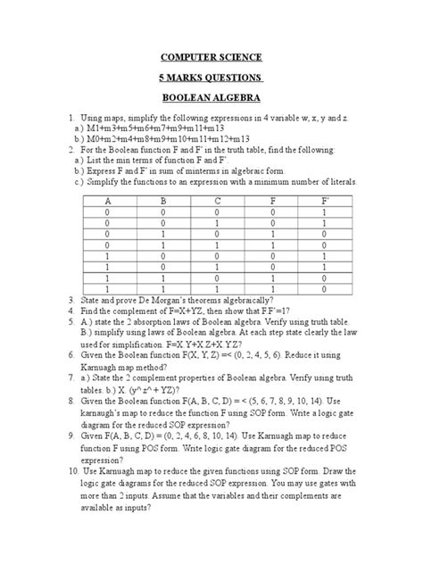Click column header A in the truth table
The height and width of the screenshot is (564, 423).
point(108,201)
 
